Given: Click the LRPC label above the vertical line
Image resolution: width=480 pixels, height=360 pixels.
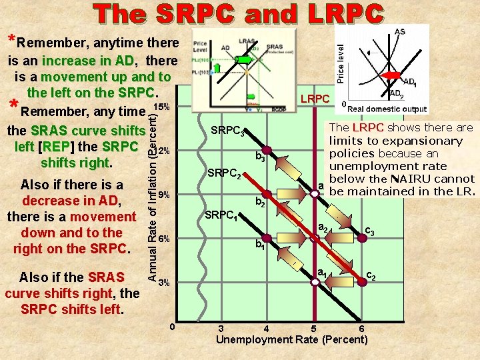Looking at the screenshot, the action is [315, 99].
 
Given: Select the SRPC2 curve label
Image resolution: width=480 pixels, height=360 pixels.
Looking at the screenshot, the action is [224, 175].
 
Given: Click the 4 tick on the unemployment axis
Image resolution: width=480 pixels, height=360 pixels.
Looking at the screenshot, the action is [267, 328].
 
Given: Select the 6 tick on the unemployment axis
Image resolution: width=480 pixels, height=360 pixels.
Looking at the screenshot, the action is [361, 328].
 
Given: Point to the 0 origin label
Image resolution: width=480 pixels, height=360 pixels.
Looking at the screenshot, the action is [172, 326].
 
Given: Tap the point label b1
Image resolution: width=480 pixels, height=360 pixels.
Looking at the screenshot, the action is [261, 245].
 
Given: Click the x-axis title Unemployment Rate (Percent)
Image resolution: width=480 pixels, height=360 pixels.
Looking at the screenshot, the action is [292, 339].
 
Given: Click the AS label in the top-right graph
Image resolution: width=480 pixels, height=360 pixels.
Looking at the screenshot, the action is [400, 31].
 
